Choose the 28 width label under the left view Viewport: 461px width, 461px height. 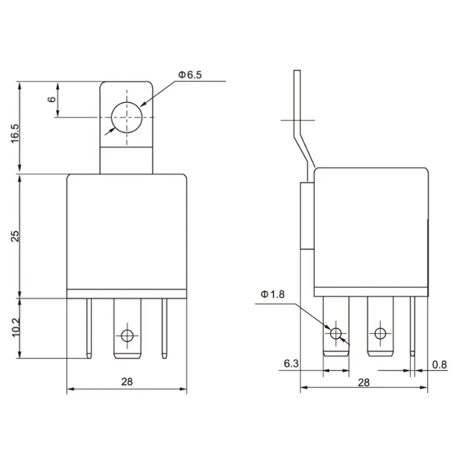(127, 382)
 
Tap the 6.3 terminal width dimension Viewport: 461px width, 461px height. (290, 363)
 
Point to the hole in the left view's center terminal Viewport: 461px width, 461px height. (127, 335)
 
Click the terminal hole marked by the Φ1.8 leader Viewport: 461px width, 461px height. (336, 333)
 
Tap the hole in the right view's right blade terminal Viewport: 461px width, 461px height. (379, 333)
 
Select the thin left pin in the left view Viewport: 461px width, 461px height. (90, 327)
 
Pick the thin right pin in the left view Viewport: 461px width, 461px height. (164, 327)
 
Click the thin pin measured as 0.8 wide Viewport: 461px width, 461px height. (414, 327)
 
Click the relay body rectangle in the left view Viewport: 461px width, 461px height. (127, 230)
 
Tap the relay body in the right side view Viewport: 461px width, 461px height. (371, 230)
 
